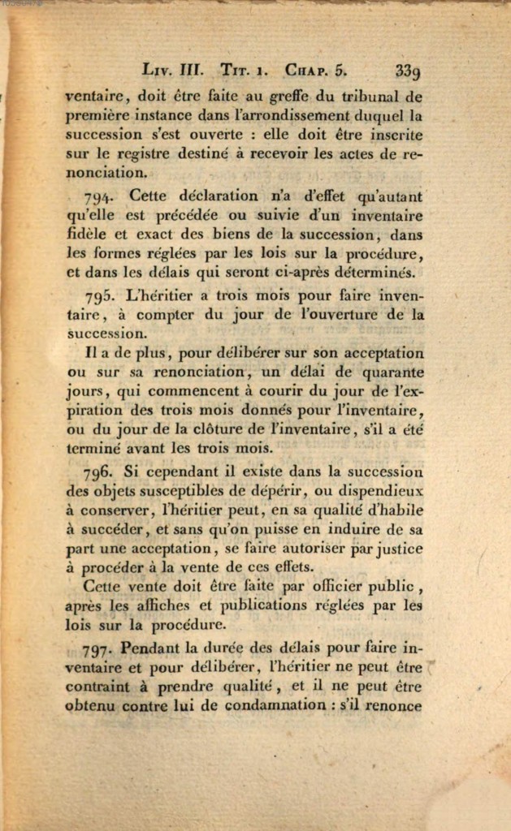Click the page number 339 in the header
(x=407, y=72)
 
